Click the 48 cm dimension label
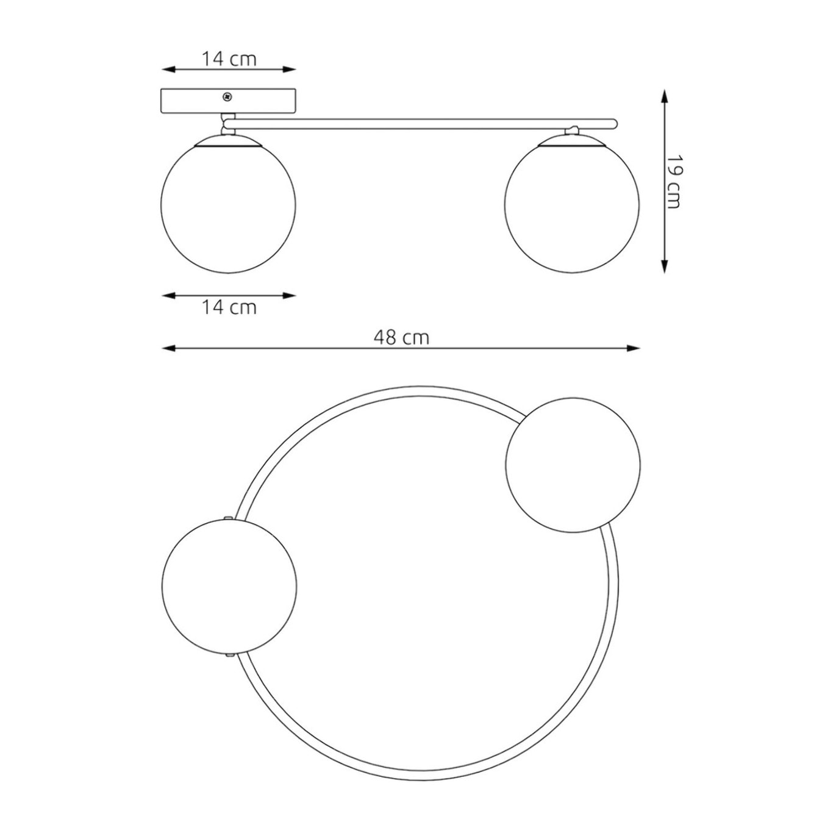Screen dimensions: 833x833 tap(402, 338)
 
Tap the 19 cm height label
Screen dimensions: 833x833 tap(673, 182)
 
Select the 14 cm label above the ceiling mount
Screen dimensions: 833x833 tap(229, 59)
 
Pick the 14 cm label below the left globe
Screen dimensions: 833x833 tap(229, 307)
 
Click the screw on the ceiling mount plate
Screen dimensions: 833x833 tap(226, 97)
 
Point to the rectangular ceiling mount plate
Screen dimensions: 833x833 tap(229, 102)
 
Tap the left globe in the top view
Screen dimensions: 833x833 tap(229, 587)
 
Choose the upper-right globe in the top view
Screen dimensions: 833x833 tap(573, 465)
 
